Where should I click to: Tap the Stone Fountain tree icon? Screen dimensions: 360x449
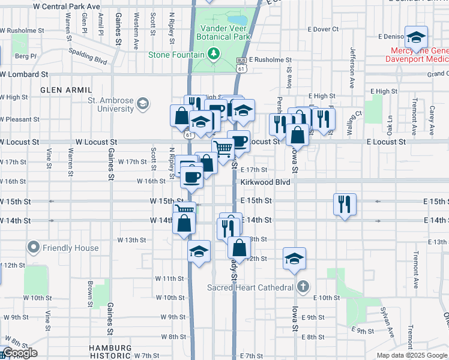(x=214, y=55)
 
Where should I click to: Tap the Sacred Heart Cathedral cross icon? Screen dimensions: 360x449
(x=304, y=287)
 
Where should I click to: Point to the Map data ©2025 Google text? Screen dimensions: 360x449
(x=412, y=355)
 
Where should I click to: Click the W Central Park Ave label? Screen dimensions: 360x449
(x=67, y=5)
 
